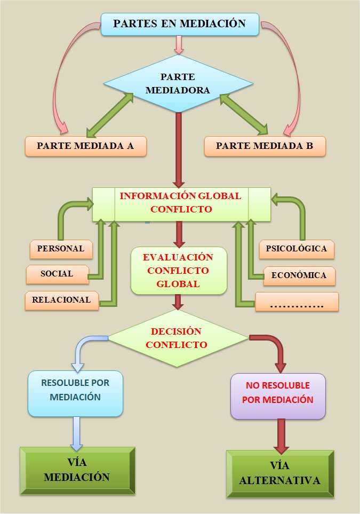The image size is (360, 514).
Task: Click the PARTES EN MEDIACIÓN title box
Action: (180, 24)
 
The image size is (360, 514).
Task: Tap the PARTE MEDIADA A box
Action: (86, 146)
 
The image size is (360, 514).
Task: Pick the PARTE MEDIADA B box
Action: (265, 146)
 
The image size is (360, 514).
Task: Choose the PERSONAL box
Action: (60, 249)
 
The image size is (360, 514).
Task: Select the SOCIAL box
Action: (57, 274)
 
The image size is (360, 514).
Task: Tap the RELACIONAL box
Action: (61, 300)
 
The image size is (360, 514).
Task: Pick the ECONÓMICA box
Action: (299, 275)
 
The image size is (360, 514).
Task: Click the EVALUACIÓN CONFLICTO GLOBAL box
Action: (178, 271)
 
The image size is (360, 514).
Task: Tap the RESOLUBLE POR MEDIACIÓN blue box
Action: (75, 394)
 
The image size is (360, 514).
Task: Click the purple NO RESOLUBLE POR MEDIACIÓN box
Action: (278, 396)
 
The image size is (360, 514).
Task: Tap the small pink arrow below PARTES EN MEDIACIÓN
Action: (179, 44)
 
